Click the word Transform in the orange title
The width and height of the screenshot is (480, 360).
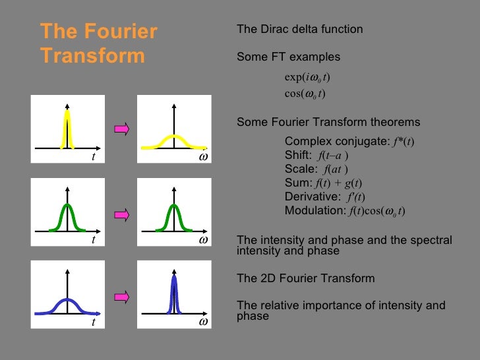92,55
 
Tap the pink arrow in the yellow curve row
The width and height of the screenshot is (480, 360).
121,129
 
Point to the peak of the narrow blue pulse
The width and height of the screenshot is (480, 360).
173,277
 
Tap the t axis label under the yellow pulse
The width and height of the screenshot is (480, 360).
93,158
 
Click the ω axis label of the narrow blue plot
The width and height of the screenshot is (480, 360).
204,322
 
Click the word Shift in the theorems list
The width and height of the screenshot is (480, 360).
298,155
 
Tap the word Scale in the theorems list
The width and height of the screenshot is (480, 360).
299,169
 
